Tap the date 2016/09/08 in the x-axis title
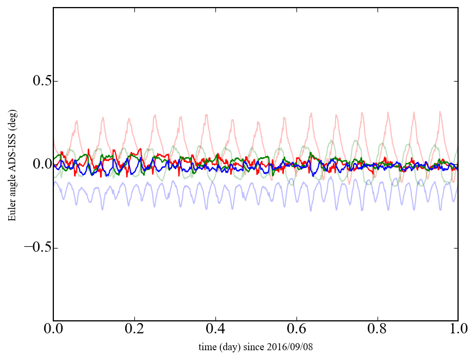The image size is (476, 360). [x=292, y=346]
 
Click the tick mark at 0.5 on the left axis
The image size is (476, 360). [x=55, y=81]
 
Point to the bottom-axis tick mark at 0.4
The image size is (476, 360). [x=215, y=319]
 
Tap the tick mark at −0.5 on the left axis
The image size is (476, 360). [x=55, y=247]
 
